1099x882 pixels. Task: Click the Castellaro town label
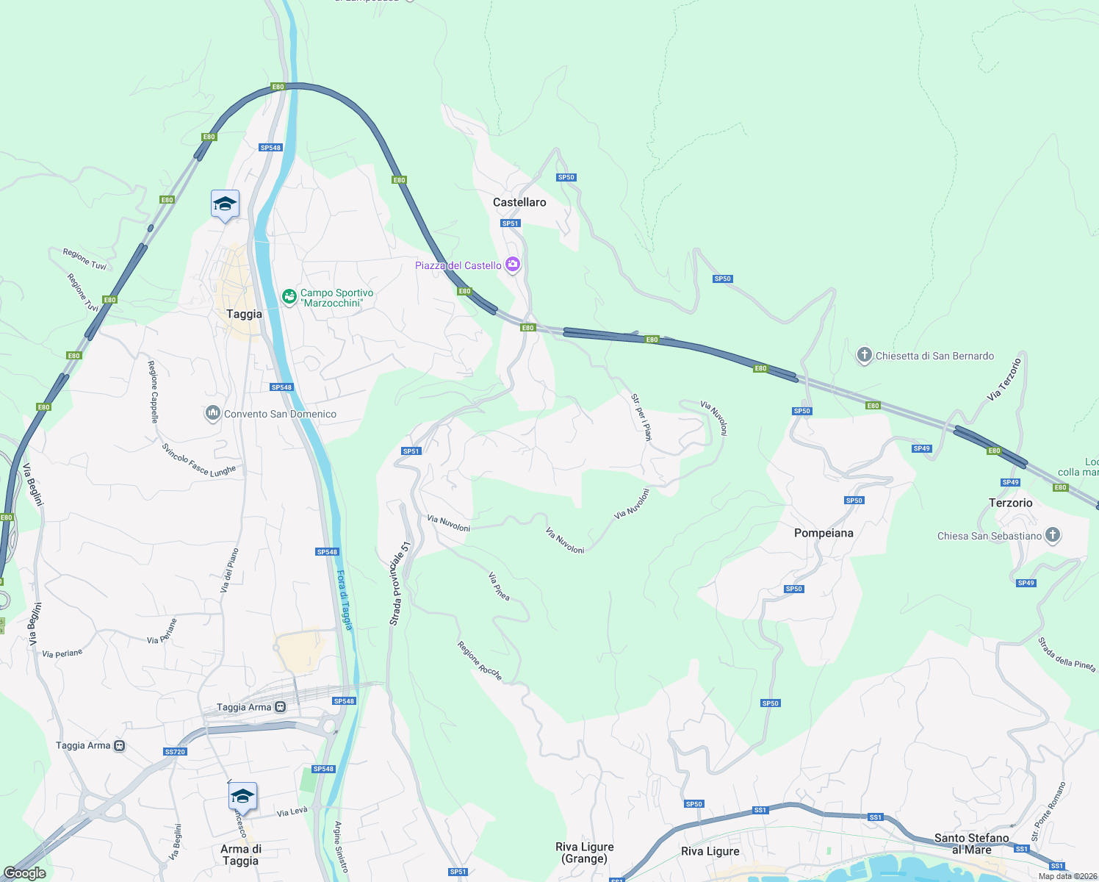519,202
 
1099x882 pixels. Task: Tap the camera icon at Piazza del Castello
513,265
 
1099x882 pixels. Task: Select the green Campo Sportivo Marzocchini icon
289,297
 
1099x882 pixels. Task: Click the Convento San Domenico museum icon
213,414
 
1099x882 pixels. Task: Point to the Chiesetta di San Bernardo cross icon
865,356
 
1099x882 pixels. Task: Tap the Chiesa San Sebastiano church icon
1053,535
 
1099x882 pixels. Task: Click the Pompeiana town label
824,533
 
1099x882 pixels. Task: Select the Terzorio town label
1010,503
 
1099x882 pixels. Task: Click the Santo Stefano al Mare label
971,844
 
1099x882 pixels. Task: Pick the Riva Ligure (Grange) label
585,853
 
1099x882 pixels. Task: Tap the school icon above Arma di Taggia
242,797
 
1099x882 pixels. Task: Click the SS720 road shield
175,752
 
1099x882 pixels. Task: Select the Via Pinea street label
500,587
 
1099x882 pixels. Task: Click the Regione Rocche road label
480,661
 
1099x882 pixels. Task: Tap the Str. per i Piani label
641,417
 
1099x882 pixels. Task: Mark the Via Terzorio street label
1004,379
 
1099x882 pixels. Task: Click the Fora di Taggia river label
345,600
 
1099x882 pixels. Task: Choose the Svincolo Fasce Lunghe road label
199,461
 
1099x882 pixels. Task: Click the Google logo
25,872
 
